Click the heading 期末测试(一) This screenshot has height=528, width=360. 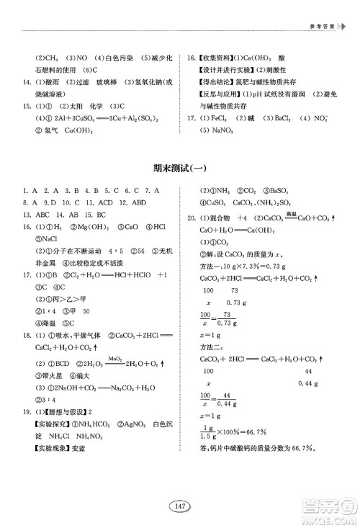tap(180, 169)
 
